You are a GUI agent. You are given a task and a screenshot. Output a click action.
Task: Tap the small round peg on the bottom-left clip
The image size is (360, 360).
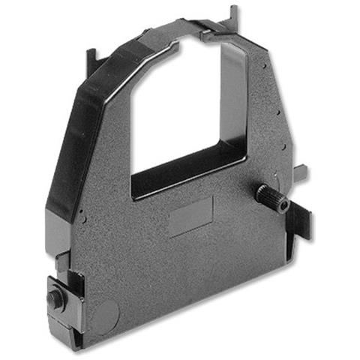pyautogui.click(x=53, y=297)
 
